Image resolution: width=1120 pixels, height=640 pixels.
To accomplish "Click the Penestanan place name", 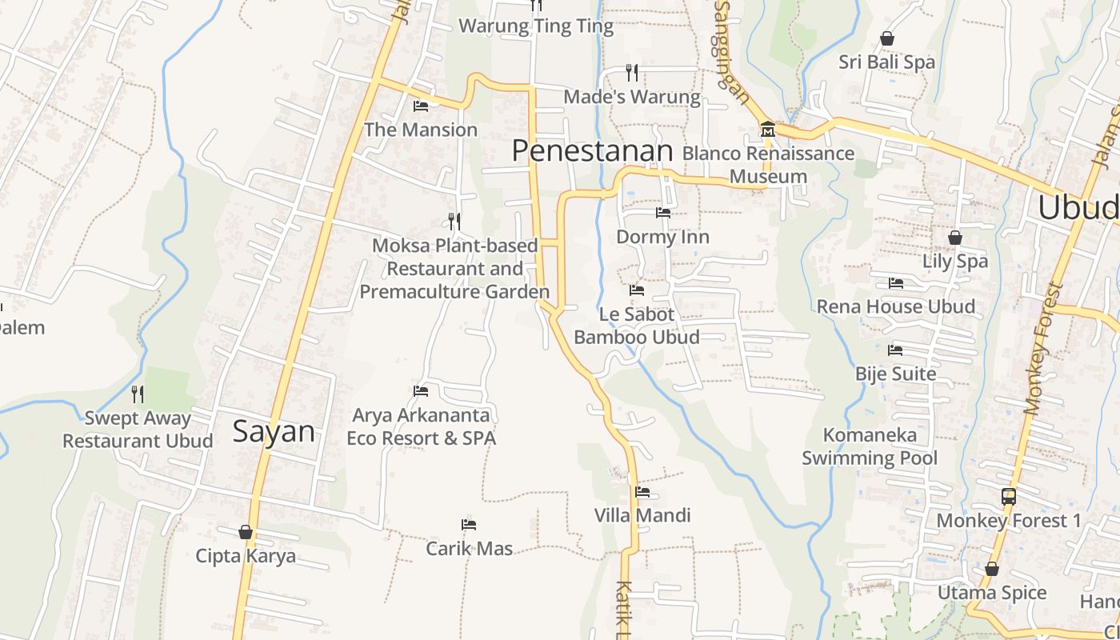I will coord(592,150).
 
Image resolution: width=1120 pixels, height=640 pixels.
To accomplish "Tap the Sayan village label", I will coord(274,431).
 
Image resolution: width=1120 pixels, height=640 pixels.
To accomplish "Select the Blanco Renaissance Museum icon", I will coord(767,129).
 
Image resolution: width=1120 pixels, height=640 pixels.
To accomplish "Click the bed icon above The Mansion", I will coord(421,106).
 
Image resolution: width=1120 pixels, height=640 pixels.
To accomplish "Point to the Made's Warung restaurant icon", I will coord(632,73).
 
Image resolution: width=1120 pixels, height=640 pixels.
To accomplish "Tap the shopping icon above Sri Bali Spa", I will coord(886,38).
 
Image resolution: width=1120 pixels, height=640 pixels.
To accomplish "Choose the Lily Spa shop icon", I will coord(954,238).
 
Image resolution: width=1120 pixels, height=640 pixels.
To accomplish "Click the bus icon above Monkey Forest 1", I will coord(1009,497).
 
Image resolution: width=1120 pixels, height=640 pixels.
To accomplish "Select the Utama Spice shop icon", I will coord(992,569).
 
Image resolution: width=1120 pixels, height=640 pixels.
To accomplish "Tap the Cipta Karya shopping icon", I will coord(246,532).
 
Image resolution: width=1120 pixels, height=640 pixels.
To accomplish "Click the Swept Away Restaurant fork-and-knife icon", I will coord(138,394).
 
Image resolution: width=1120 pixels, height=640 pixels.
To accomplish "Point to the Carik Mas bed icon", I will coord(469,525).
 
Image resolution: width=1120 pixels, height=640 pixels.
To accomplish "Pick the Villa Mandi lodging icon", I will coord(642,492).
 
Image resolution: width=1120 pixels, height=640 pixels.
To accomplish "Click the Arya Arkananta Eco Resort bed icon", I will coord(421,391).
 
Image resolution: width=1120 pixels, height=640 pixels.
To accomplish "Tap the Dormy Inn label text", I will coord(662,237).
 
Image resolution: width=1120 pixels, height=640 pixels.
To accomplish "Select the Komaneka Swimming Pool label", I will coord(870,446).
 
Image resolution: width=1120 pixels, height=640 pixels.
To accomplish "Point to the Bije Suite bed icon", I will coord(895,350).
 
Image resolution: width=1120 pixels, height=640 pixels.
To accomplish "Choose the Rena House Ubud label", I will coord(895,306).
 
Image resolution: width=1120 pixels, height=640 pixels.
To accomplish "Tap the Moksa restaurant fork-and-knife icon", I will coord(454,221).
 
